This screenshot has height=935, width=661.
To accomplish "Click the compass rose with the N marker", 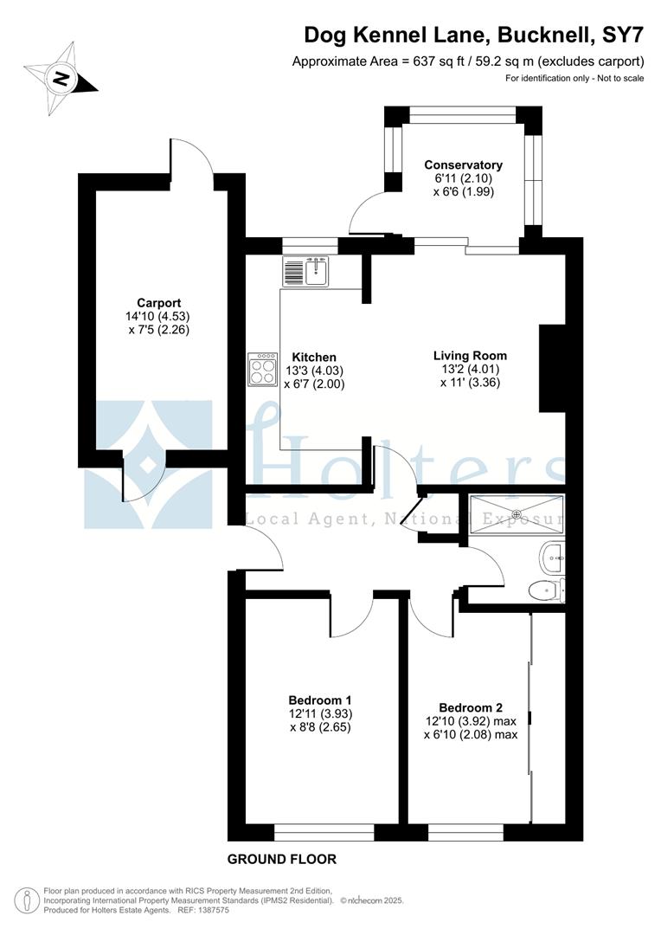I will click(x=60, y=78).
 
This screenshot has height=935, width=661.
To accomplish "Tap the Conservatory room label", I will click(x=463, y=165).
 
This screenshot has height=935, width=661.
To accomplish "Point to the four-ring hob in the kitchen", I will click(x=262, y=369).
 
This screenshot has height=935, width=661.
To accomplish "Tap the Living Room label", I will click(x=470, y=356).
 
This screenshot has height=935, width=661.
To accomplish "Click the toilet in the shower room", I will click(x=545, y=590).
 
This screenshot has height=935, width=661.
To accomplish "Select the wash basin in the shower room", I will click(x=552, y=558).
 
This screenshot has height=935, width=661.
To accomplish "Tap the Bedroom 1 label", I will click(x=319, y=700).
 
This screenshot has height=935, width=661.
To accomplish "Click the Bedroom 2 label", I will click(x=471, y=706).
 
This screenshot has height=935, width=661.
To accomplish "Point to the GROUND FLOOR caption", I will click(x=281, y=860).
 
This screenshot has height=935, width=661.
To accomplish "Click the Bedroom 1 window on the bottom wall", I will click(x=324, y=833).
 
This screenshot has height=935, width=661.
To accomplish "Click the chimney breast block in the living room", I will click(x=552, y=369).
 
